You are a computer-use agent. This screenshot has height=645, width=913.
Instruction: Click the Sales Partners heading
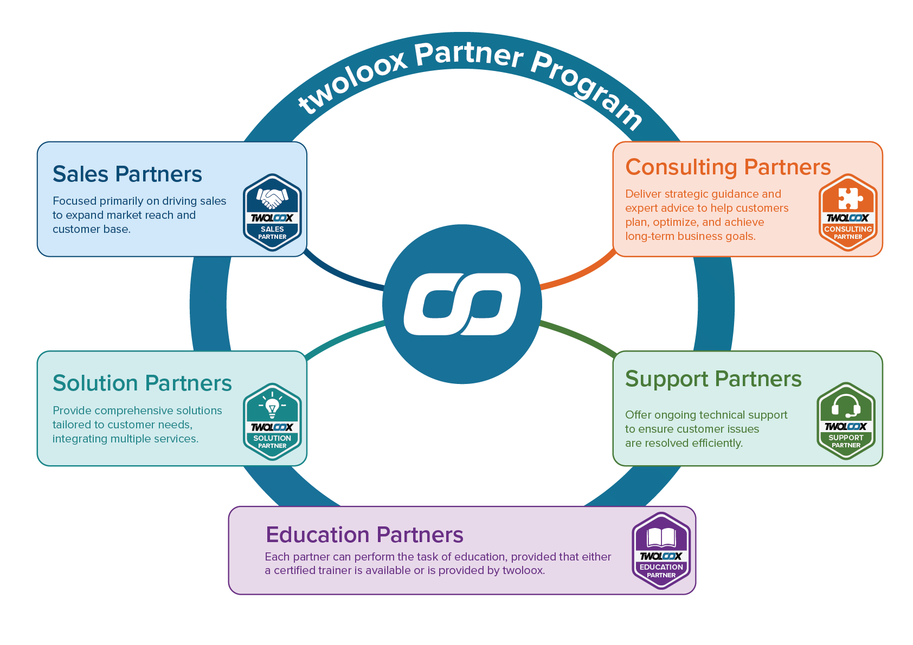coord(127,174)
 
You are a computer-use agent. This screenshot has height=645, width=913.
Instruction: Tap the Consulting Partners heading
coord(728,167)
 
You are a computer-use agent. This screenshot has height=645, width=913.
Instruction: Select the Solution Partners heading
coord(142,383)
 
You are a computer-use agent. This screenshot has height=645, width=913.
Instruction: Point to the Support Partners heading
coord(713,379)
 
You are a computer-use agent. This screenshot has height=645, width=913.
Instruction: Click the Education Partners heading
coord(364,535)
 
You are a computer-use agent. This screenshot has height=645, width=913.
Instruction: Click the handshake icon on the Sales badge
coord(272,198)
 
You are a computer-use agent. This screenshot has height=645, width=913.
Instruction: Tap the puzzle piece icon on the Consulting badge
coord(848,198)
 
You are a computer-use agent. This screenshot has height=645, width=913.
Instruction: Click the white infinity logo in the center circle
coord(462,304)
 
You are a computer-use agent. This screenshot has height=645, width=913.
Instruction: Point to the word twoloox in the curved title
coord(352,81)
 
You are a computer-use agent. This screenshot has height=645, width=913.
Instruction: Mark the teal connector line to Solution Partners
coord(344,337)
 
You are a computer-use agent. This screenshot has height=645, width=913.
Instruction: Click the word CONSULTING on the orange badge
coord(848,229)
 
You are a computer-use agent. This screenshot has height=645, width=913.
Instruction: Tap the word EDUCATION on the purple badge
coord(661,567)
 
